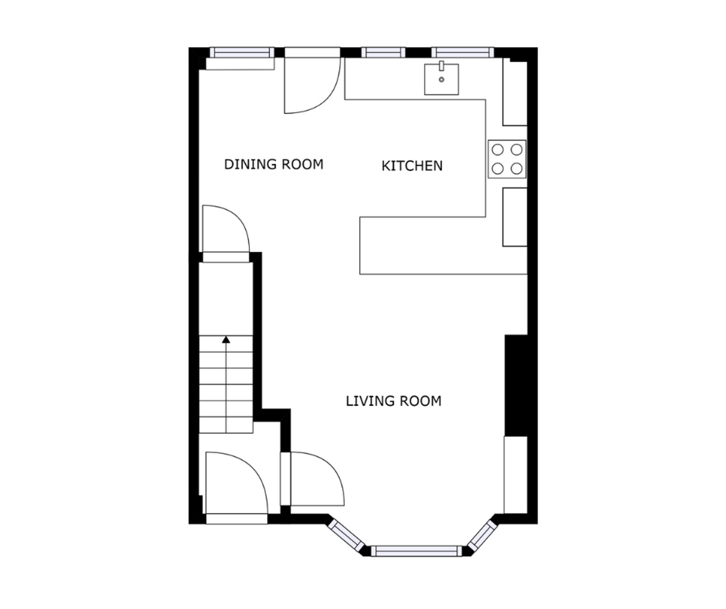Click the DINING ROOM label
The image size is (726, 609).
pos(274,165)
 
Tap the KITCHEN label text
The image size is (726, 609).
pos(412,166)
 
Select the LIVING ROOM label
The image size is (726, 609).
pos(393,401)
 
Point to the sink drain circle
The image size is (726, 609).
pos(441,80)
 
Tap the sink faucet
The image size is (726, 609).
pos(441,66)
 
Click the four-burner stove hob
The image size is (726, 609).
pos(507,159)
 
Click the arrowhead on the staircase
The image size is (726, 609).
pos(226,340)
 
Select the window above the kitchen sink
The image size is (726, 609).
pos(462,53)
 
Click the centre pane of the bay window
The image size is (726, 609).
pos(416,551)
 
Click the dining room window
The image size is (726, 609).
pos(242,53)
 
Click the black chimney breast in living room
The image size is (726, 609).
pos(516,385)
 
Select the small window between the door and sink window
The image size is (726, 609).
pos(383,53)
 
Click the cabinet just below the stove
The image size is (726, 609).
pos(515,217)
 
